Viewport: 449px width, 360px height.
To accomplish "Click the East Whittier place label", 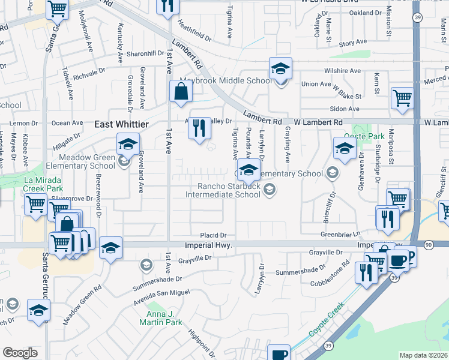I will pyautogui.click(x=122, y=124).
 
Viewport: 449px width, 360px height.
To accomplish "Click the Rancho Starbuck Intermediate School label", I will pyautogui.click(x=223, y=190).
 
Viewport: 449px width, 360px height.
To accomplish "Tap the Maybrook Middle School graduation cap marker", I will pyautogui.click(x=280, y=69).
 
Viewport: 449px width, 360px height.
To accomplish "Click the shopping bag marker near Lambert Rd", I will pyautogui.click(x=181, y=92).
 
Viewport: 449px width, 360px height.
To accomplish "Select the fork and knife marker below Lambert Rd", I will pyautogui.click(x=200, y=128).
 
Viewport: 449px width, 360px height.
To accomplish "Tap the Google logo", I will pyautogui.click(x=20, y=353).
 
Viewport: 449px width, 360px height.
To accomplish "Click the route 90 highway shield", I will pyautogui.click(x=428, y=245).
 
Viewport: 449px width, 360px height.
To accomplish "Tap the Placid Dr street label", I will pyautogui.click(x=214, y=235).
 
